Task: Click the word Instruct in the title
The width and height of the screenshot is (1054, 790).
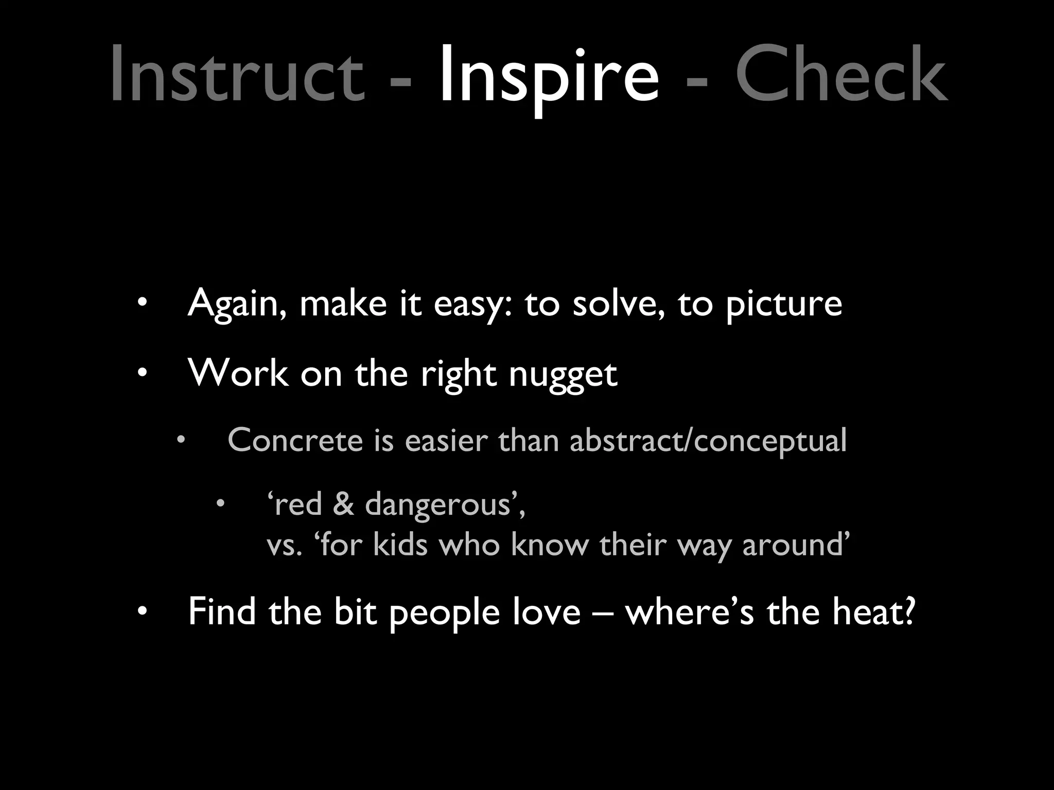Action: (x=237, y=75)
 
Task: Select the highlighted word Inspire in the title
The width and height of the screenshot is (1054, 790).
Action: (x=548, y=75)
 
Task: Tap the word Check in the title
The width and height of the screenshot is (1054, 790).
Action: (x=841, y=75)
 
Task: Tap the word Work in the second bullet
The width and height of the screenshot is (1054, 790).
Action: (x=238, y=372)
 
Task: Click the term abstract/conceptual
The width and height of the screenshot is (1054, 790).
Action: (x=708, y=441)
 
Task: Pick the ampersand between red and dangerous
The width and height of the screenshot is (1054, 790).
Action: (x=343, y=504)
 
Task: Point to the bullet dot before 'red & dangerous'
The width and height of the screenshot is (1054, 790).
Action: (x=220, y=504)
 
